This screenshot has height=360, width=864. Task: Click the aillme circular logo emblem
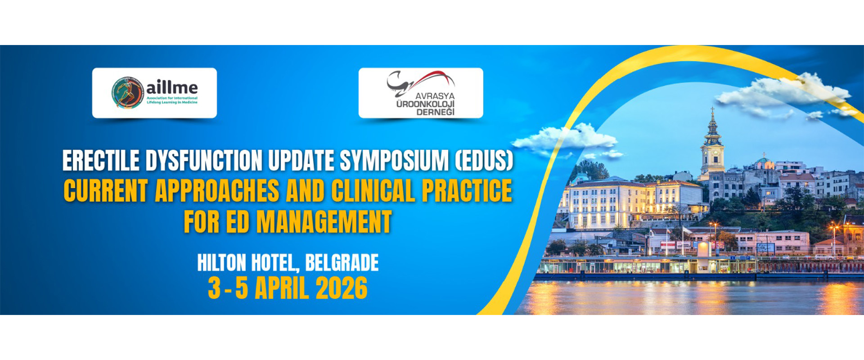pos(128,93)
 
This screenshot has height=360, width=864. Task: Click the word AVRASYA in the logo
pos(435,96)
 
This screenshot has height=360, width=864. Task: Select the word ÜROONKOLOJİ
pos(425,104)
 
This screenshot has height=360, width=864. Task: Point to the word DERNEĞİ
pos(435,112)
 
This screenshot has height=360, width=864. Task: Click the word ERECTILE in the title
pos(101,161)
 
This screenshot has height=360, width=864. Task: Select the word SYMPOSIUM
pos(394,161)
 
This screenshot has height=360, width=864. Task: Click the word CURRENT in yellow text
pos(106,191)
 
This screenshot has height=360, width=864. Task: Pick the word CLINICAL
pos(373,191)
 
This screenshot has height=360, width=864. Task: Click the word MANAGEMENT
pos(324,221)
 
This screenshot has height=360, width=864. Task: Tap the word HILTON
pos(221,263)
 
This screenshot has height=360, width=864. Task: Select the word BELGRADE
pos(342,263)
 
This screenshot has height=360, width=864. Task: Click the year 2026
pos(342,288)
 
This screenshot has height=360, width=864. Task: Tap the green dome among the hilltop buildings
pos(763,160)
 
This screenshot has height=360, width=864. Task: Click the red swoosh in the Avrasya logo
pos(430,79)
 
